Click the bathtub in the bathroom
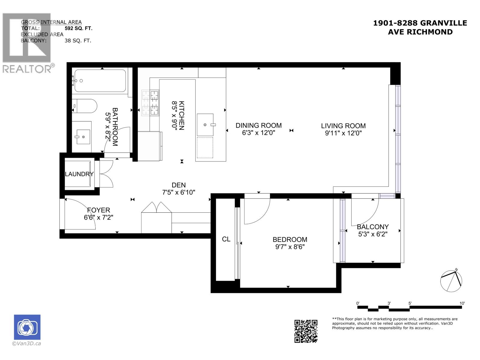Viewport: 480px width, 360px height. [x=100, y=81]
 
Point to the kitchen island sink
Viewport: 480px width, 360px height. [x=205, y=124]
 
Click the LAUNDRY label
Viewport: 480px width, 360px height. [x=79, y=174]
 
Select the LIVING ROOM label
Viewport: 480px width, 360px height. [x=343, y=126]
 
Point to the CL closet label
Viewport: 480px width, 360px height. [x=226, y=239]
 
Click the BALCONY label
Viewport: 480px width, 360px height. [x=373, y=227]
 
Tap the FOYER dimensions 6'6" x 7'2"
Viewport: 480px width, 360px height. [x=98, y=217]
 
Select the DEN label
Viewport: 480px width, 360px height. [x=178, y=185]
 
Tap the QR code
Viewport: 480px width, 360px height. [x=306, y=331]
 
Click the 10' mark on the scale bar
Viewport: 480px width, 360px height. [x=462, y=304]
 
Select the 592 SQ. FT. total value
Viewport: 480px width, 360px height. [x=79, y=28]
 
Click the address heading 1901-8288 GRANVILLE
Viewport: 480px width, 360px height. [x=420, y=23]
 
